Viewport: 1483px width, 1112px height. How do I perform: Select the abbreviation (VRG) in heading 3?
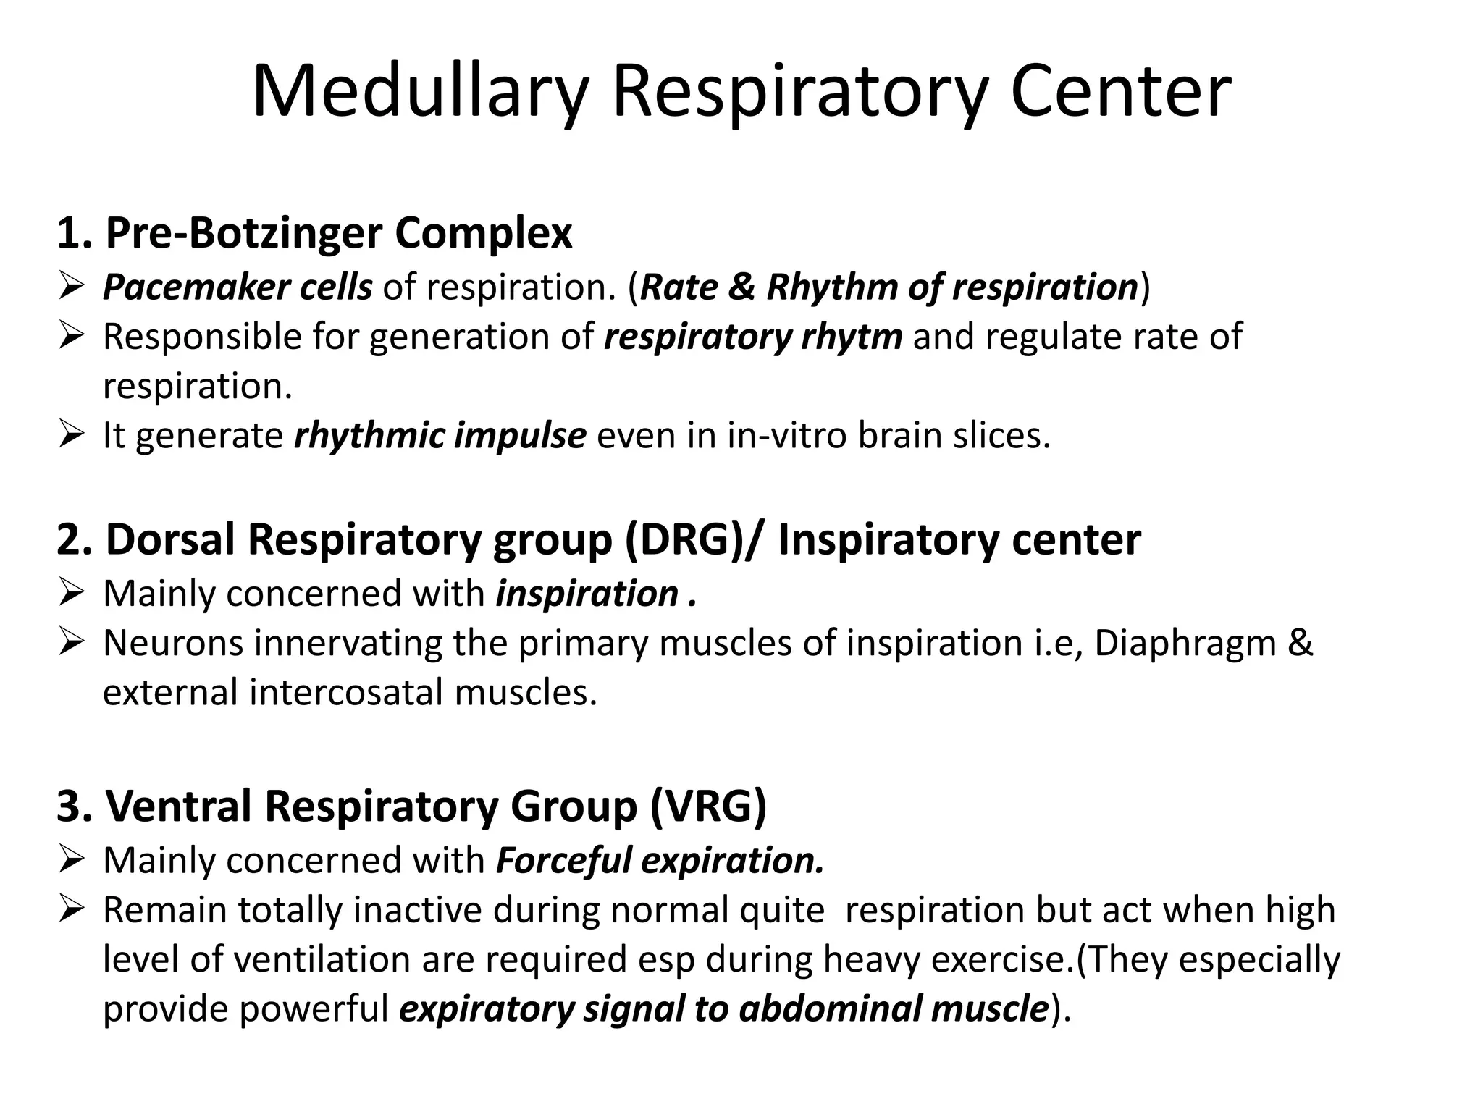coord(707,806)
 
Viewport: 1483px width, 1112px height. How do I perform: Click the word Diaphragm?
coord(1185,644)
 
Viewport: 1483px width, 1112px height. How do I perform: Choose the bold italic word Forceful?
coord(563,861)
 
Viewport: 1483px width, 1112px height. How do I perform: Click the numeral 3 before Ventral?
coord(67,806)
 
